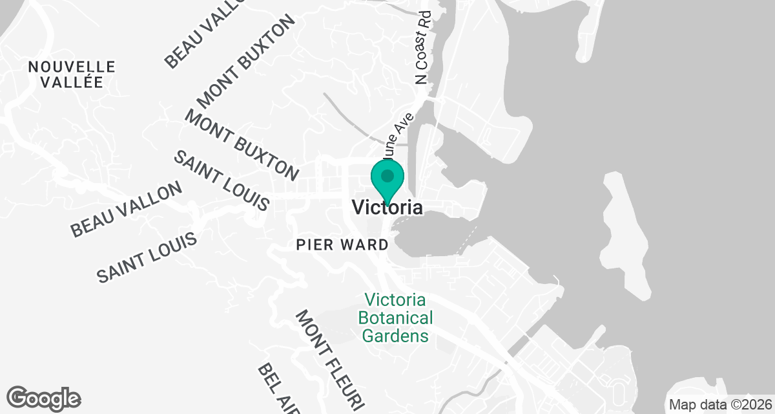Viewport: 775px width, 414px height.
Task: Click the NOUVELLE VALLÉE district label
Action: point(72,74)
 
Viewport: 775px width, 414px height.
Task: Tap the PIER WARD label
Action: point(342,245)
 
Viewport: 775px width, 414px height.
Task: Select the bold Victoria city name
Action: point(387,208)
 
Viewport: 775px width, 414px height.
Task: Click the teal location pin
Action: point(387,180)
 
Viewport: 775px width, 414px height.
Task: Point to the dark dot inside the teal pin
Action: point(387,175)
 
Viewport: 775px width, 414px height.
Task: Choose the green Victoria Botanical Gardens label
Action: point(395,318)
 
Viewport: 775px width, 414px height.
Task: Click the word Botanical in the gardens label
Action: point(395,318)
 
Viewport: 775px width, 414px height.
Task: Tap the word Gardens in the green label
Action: point(395,336)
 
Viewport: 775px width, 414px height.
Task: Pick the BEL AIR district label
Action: point(278,388)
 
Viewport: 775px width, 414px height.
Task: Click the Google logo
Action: point(44,397)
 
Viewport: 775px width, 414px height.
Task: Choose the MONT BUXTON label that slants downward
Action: point(242,146)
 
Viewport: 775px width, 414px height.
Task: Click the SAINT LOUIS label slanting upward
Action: point(147,259)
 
